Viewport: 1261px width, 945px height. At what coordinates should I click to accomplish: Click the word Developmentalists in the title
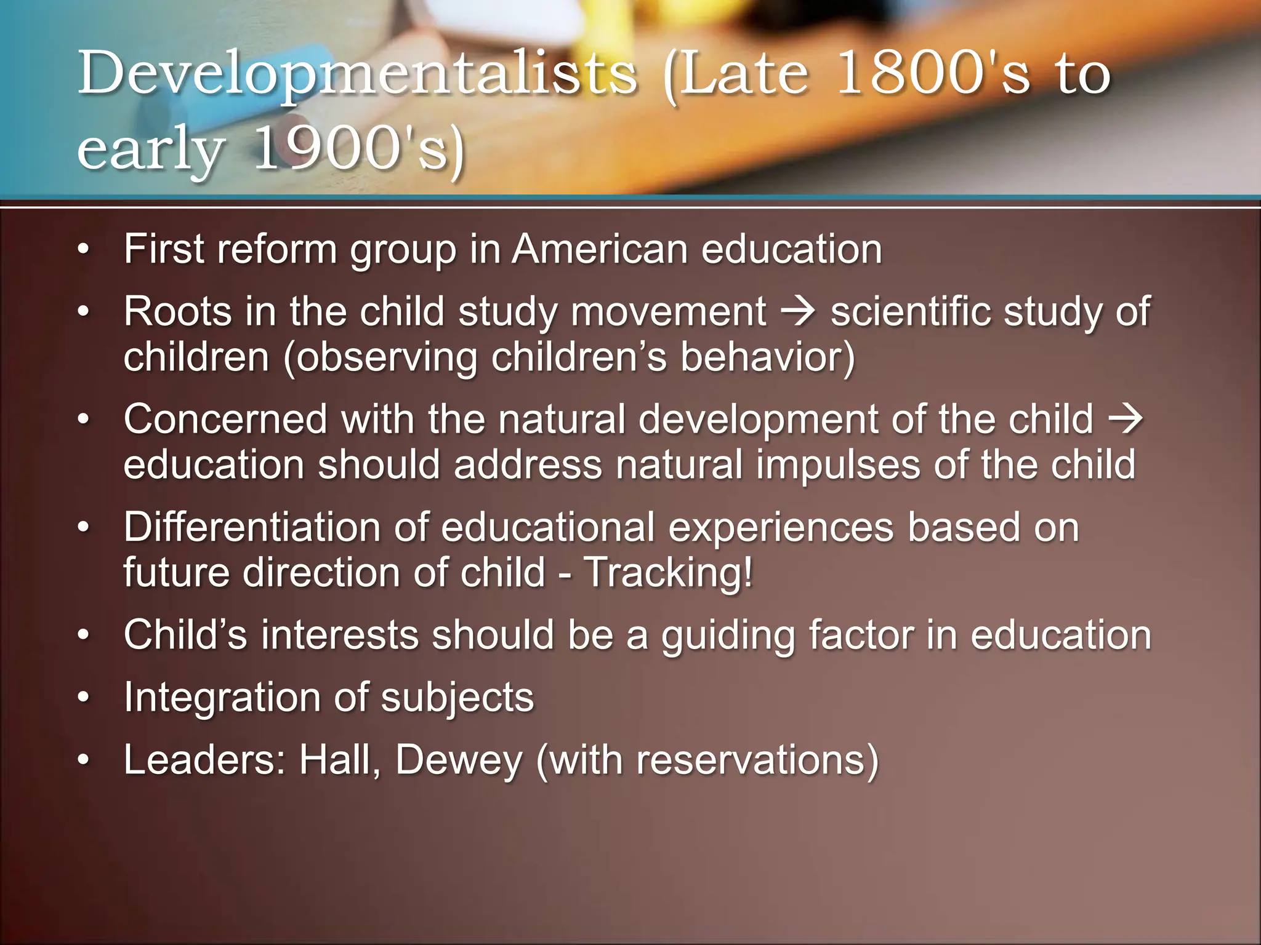pyautogui.click(x=357, y=75)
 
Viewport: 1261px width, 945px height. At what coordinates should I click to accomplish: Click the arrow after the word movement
pyautogui.click(x=798, y=311)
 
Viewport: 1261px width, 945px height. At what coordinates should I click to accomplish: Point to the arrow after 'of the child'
pyautogui.click(x=1126, y=419)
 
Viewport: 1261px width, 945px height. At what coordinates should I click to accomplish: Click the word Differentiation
pyautogui.click(x=252, y=527)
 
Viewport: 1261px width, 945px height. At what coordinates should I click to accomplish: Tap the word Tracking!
pyautogui.click(x=668, y=573)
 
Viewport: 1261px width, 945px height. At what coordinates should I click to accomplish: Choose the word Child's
pyautogui.click(x=185, y=635)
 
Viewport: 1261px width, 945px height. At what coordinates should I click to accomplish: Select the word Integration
pyautogui.click(x=222, y=698)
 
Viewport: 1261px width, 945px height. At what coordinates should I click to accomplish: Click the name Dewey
pyautogui.click(x=459, y=760)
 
